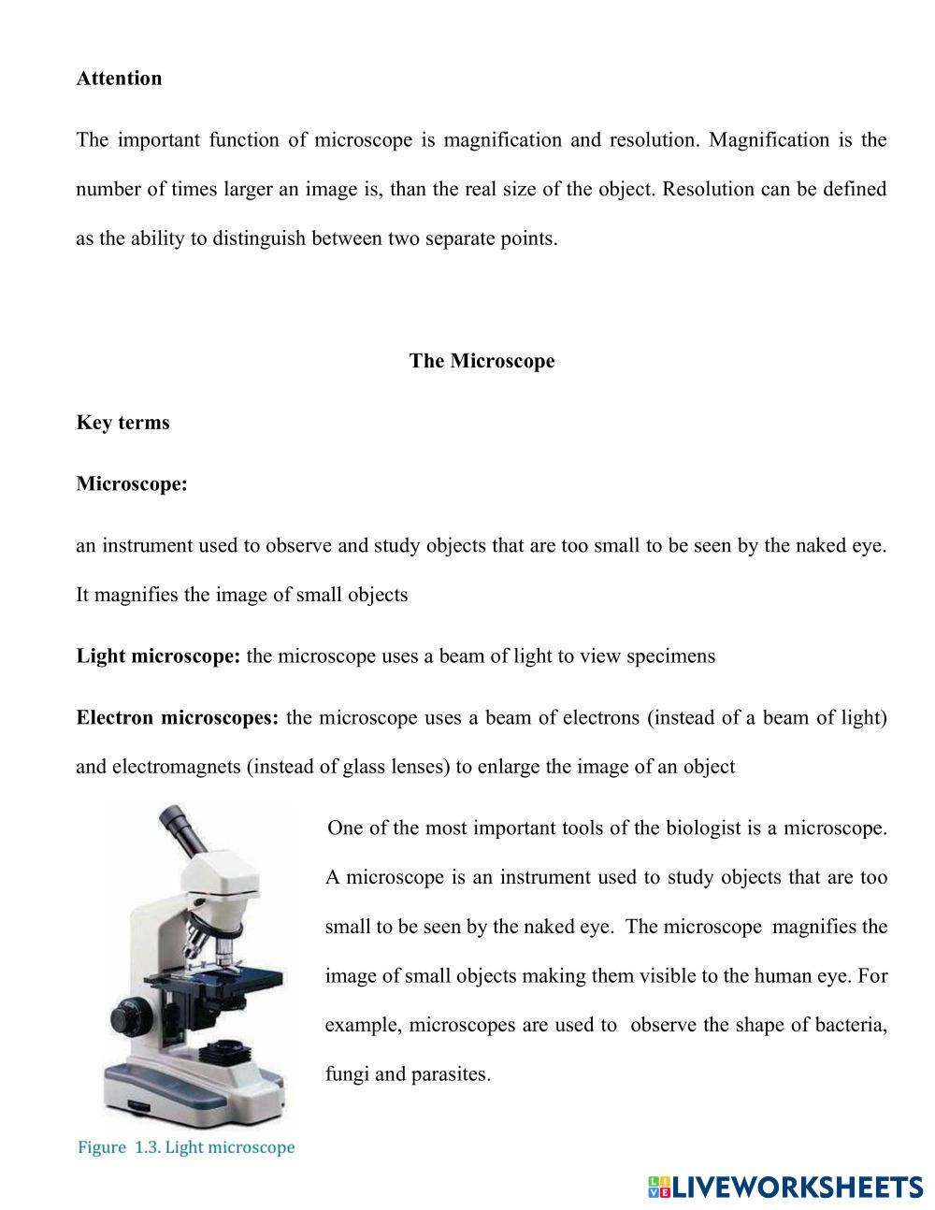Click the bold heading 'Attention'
119,79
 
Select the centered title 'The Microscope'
482,361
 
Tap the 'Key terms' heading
122,423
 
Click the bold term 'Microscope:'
132,484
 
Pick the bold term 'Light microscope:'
158,656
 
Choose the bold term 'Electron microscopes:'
177,718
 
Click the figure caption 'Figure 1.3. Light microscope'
186,1147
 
